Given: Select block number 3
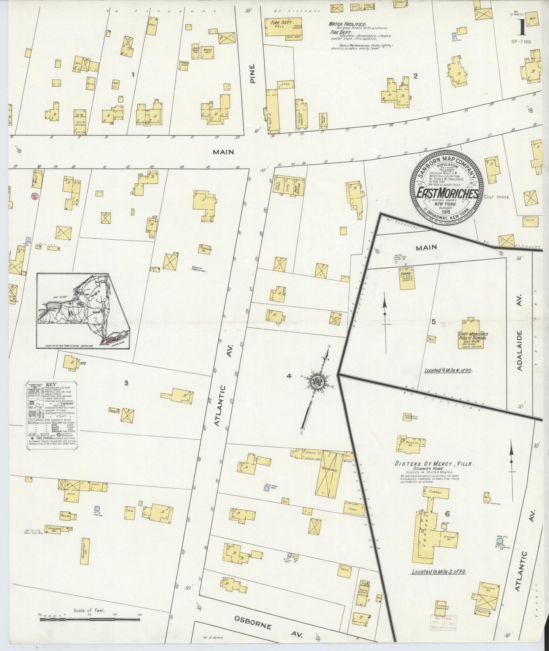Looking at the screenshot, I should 126,383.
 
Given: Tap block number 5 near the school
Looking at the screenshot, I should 434,322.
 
